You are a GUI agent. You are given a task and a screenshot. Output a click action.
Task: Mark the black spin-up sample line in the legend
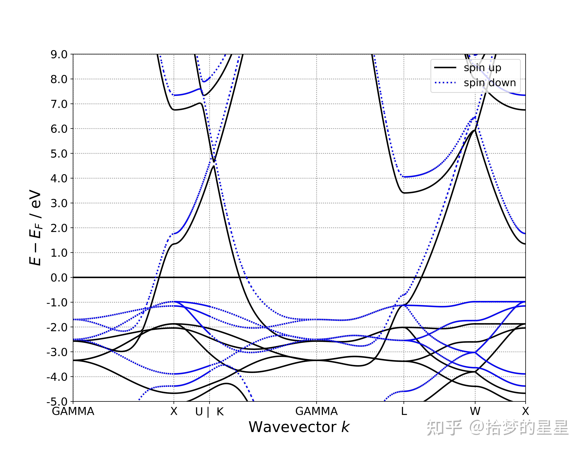point(445,68)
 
